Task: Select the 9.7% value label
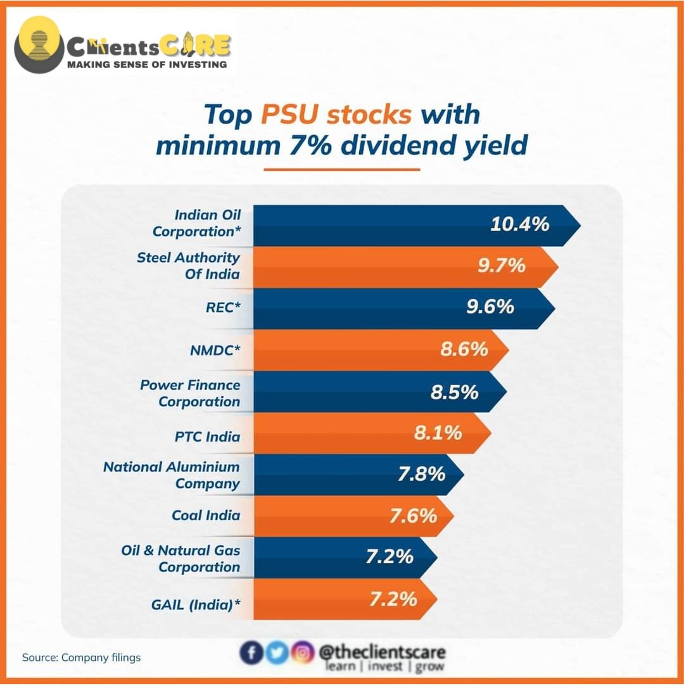click(x=501, y=265)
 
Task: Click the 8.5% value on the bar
click(x=454, y=392)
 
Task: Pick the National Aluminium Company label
click(x=172, y=475)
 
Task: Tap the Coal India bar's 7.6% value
click(x=413, y=516)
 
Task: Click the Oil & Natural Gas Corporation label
click(x=180, y=558)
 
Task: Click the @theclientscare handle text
click(x=382, y=652)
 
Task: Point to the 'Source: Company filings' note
click(x=81, y=658)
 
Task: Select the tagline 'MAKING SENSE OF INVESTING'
click(x=147, y=64)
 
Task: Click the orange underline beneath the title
click(x=341, y=169)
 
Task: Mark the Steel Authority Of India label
click(x=189, y=266)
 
